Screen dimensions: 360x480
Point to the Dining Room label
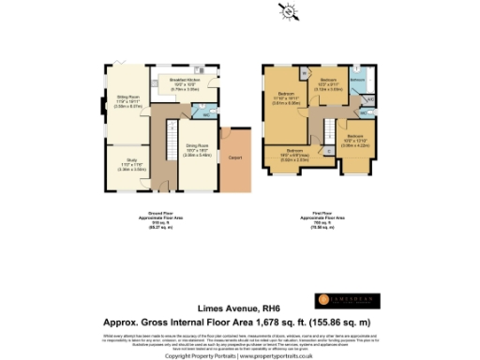(196, 148)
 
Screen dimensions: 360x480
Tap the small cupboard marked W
(306, 72)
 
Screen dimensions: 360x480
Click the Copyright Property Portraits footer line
(239, 356)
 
